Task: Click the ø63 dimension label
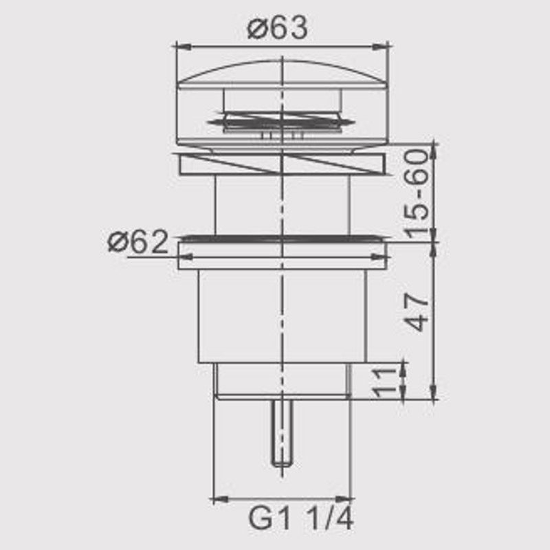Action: coord(277,28)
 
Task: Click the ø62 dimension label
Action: coord(138,241)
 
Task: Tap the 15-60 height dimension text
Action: coord(417,194)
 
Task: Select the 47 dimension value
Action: coord(417,313)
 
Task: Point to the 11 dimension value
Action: coord(382,383)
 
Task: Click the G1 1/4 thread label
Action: coord(300,518)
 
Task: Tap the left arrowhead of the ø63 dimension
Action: coord(183,46)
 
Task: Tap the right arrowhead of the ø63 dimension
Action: coord(380,46)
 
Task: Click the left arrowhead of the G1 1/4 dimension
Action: coord(221,499)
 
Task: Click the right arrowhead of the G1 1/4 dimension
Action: coord(343,499)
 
